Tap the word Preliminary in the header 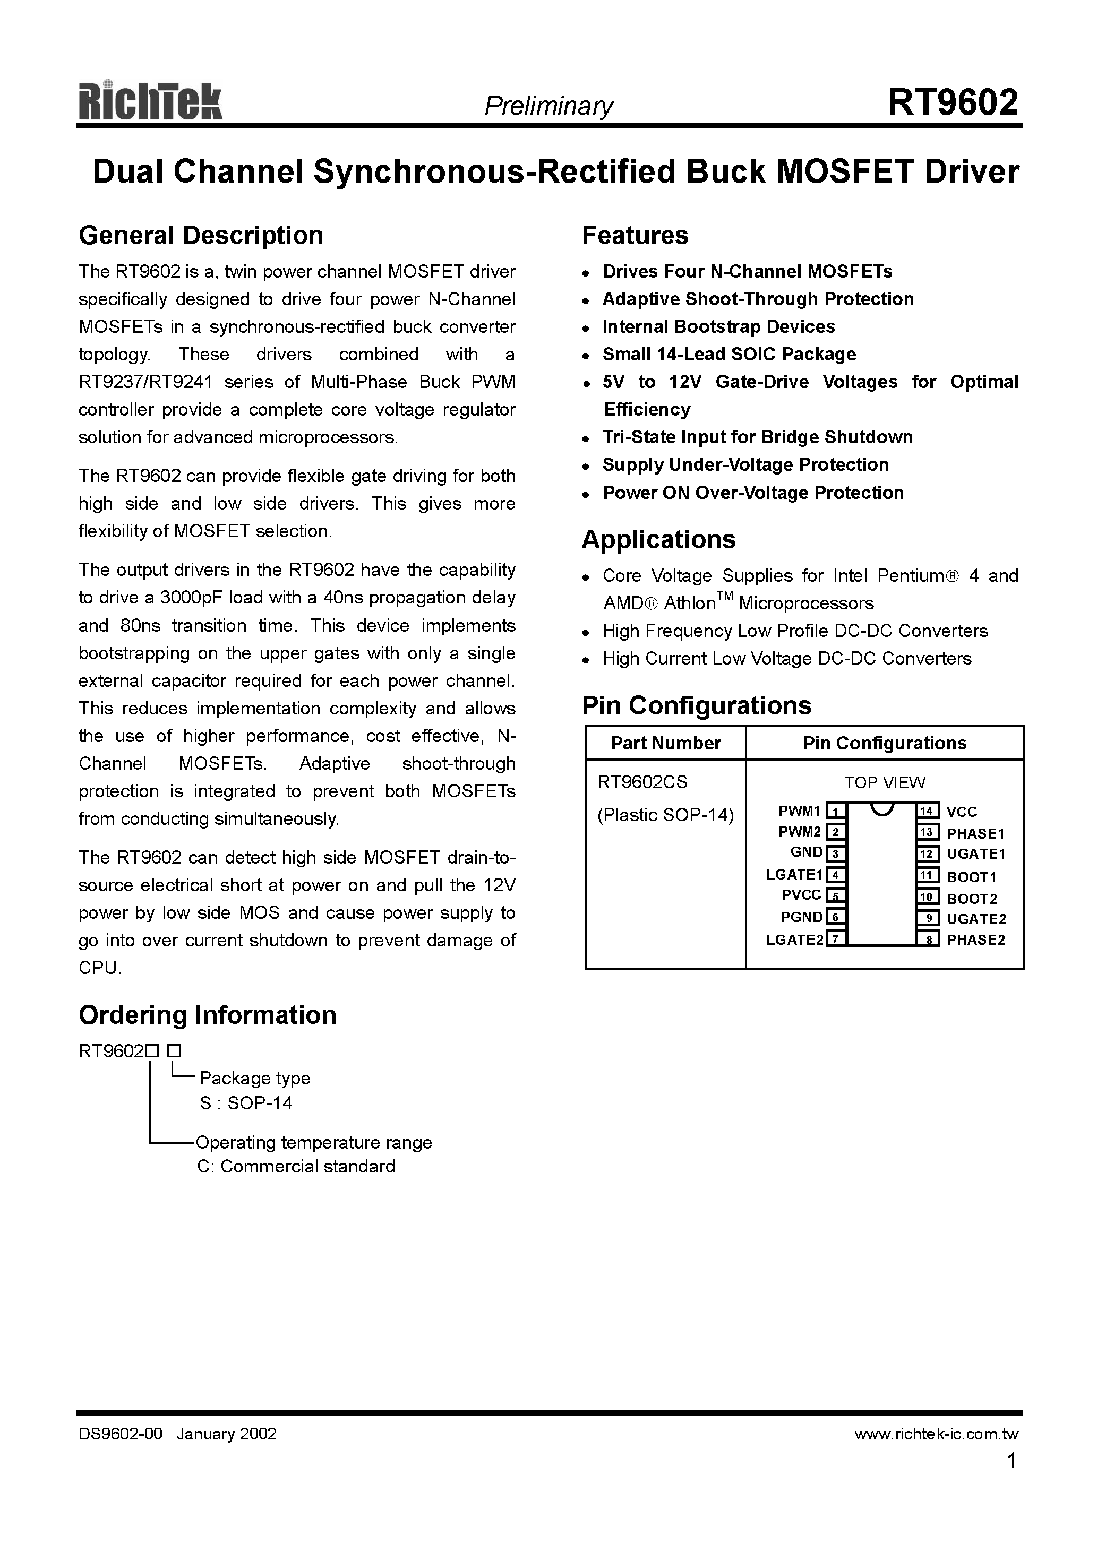[548, 106]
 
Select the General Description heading [201, 235]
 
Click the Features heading [635, 235]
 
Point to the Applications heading [658, 539]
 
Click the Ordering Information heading [207, 1015]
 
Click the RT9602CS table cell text [642, 782]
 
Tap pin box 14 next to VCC [927, 811]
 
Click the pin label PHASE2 [975, 939]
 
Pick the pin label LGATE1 [794, 875]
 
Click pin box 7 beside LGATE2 [836, 939]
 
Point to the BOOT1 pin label [971, 877]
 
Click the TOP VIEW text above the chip [884, 782]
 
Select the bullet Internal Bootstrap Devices [718, 326]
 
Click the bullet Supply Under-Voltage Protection [745, 464]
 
